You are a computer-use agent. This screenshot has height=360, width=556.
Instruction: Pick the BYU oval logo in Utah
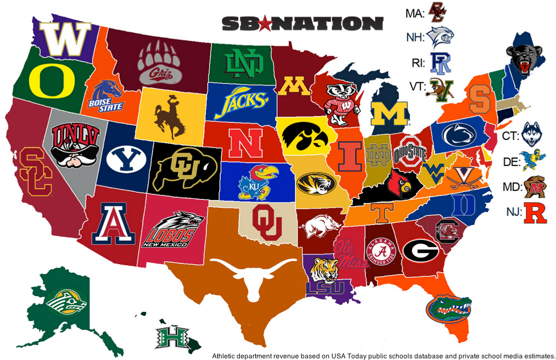click(x=123, y=160)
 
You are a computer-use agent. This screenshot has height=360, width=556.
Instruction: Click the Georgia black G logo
click(x=420, y=249)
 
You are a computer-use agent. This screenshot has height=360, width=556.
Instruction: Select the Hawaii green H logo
click(x=170, y=334)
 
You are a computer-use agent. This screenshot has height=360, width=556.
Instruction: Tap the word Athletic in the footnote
click(x=225, y=355)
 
